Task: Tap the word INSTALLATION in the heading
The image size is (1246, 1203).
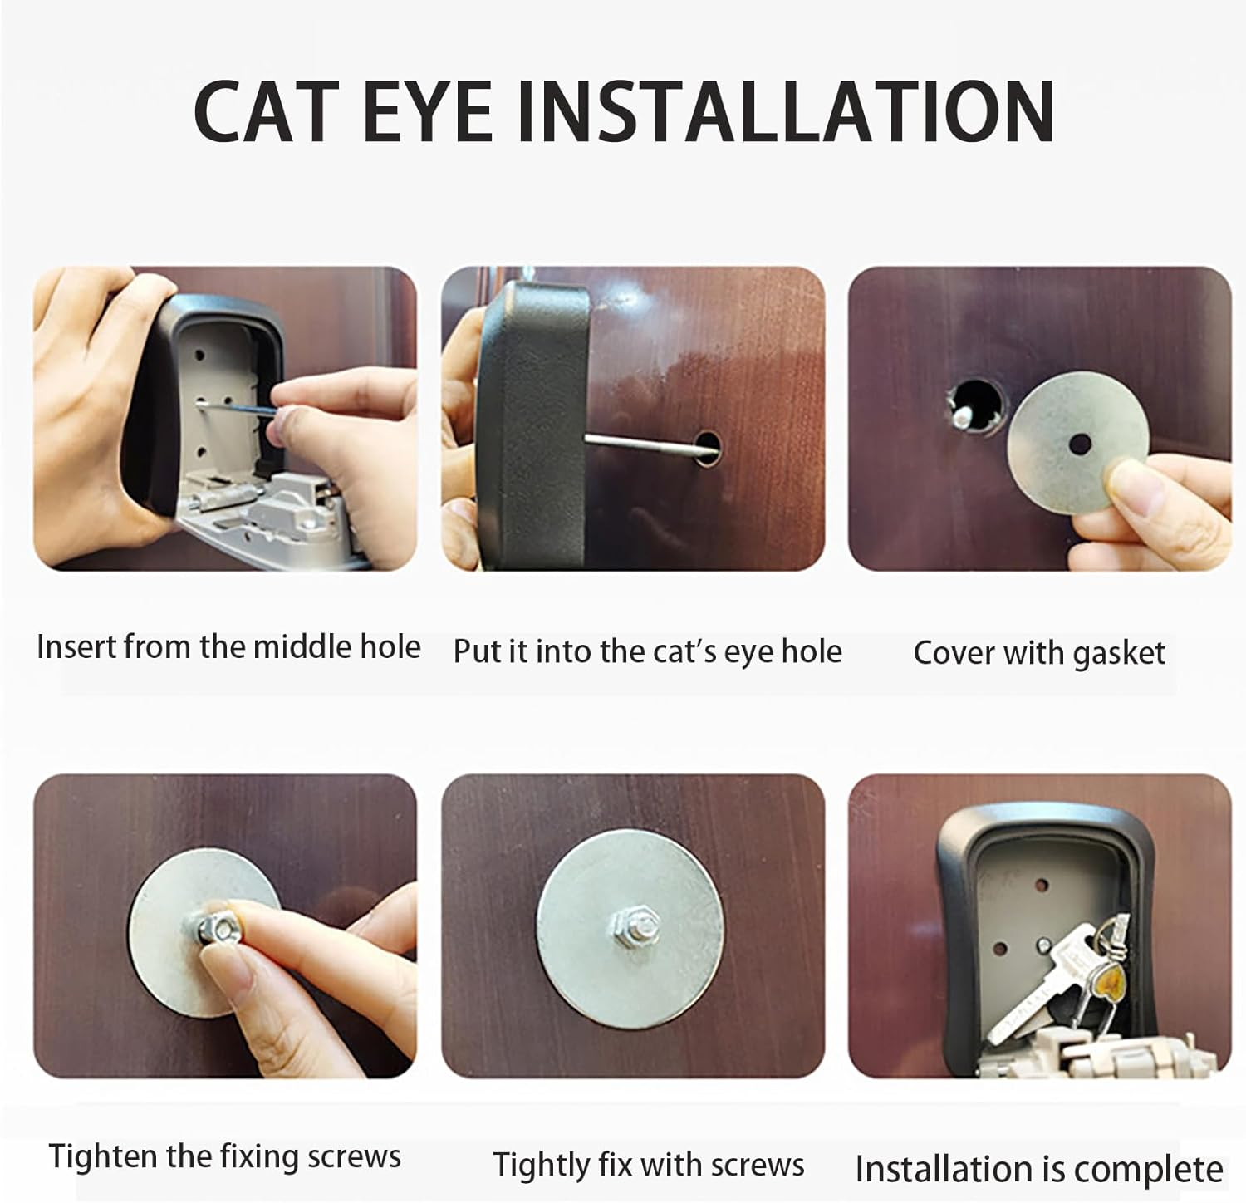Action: (x=785, y=111)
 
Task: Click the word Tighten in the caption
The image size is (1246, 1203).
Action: (x=101, y=1156)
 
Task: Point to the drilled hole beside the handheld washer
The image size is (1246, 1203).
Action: (x=977, y=408)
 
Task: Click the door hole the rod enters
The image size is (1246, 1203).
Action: (x=707, y=446)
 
